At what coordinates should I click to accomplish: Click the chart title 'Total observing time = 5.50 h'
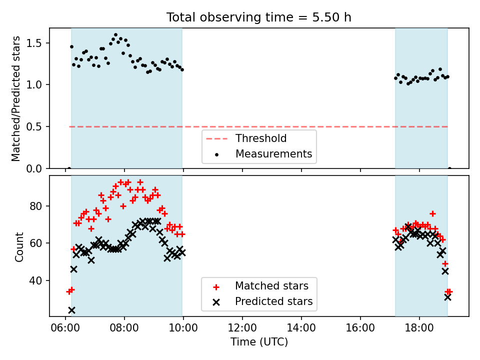tap(258, 17)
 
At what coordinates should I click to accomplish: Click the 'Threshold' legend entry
tap(261, 138)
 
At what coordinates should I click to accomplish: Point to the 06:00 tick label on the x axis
tap(65, 328)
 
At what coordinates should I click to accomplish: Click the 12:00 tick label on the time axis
tap(242, 328)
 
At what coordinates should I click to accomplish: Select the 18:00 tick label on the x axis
tap(419, 328)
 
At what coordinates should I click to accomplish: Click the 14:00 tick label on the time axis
tap(301, 328)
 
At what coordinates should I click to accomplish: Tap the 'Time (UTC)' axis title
tap(259, 342)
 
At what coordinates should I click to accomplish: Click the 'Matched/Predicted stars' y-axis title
tap(15, 98)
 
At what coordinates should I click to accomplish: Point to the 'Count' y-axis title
tap(19, 247)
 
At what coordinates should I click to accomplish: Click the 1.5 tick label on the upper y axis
tap(34, 43)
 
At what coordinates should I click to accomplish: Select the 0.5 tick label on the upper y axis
tap(34, 126)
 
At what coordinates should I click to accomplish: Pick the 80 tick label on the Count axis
tap(36, 206)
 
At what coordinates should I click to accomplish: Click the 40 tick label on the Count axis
tap(36, 280)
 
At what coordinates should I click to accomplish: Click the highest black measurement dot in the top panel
tap(115, 35)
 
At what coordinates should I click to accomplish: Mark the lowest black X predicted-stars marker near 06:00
tap(71, 310)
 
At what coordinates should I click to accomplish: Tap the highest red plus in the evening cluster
tap(432, 213)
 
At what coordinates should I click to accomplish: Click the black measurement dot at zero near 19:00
tap(449, 168)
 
